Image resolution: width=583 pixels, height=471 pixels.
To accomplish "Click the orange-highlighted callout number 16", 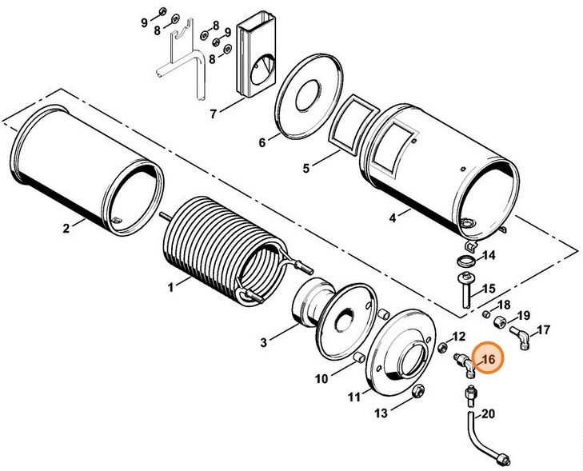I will click(x=488, y=360).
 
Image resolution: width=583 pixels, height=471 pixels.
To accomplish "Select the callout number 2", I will click(x=67, y=228).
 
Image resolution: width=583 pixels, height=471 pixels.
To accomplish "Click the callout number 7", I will click(x=214, y=113).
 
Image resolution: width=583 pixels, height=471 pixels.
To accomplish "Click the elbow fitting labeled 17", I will click(x=517, y=339).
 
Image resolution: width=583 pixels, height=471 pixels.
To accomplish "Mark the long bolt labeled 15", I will click(x=464, y=293).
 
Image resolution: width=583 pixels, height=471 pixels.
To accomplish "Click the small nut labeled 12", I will click(x=442, y=346).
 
